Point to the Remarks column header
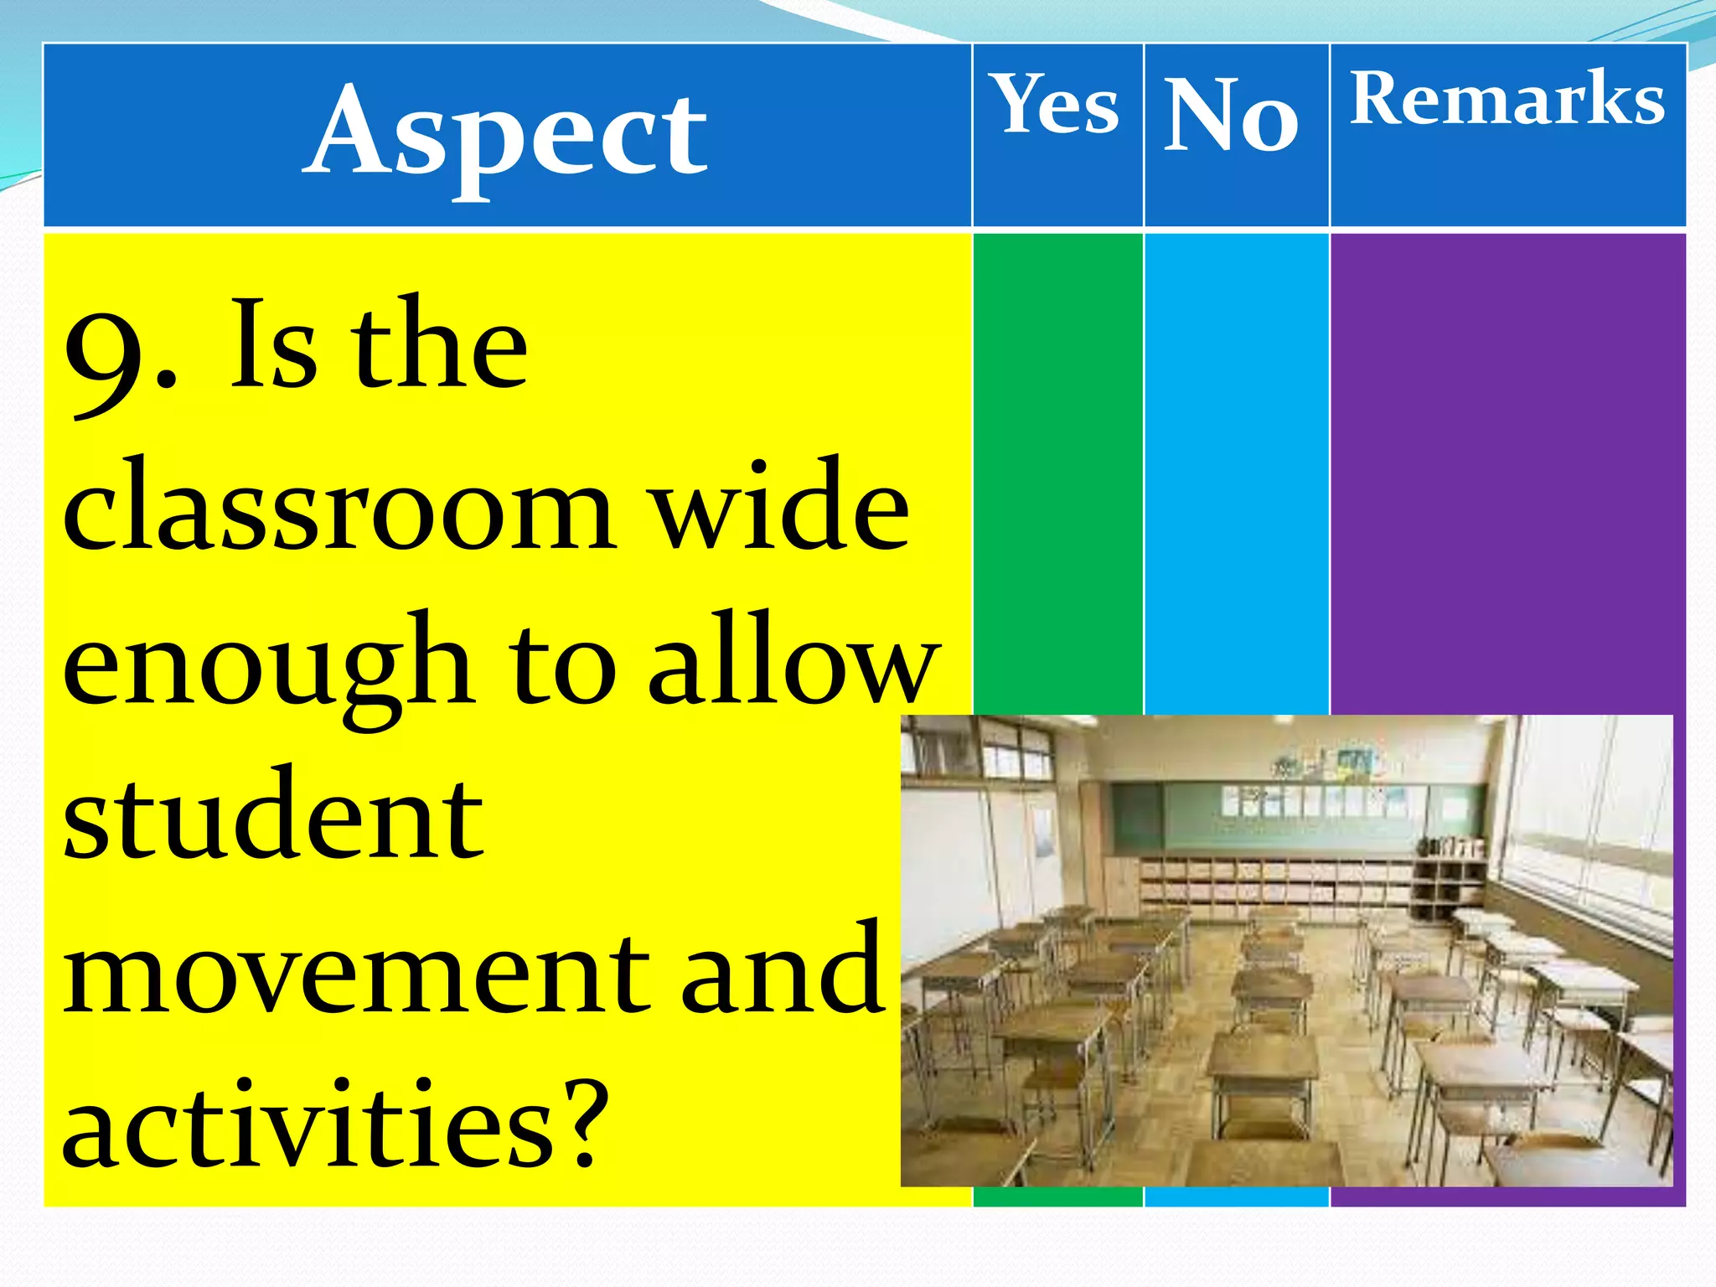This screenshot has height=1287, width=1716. tap(1507, 99)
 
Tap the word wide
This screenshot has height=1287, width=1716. tap(781, 507)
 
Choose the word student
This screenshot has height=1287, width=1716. tap(273, 817)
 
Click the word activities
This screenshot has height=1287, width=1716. tap(310, 1123)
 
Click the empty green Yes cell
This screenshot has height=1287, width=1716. tap(1057, 469)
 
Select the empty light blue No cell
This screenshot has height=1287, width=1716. tap(1236, 469)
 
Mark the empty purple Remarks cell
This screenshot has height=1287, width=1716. tap(1507, 469)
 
